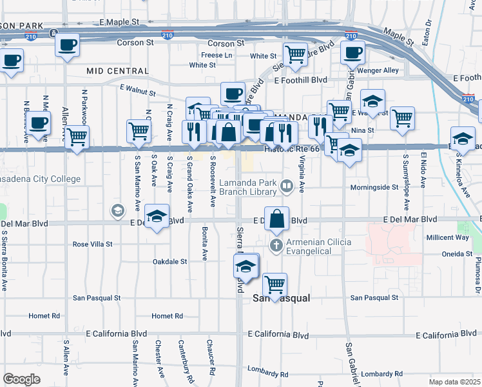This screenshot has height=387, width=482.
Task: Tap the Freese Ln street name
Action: click(217, 55)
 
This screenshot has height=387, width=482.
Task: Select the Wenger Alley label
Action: click(382, 70)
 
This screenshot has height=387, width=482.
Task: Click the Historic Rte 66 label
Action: click(292, 149)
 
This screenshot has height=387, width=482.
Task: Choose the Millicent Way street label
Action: click(444, 237)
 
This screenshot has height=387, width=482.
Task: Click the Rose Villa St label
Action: click(92, 244)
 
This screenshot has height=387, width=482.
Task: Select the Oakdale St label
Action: click(169, 262)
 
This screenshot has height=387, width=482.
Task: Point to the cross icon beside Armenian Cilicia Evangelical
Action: click(276, 244)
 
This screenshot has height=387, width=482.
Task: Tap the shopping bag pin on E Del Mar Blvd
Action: click(276, 219)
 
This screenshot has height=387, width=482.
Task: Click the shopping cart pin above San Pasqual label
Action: click(275, 284)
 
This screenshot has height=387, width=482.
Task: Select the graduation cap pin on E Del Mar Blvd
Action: click(156, 217)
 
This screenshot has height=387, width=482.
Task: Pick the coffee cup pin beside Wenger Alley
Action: click(352, 53)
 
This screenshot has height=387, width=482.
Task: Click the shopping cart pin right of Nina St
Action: click(402, 119)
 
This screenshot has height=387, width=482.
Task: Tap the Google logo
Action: click(21, 379)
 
